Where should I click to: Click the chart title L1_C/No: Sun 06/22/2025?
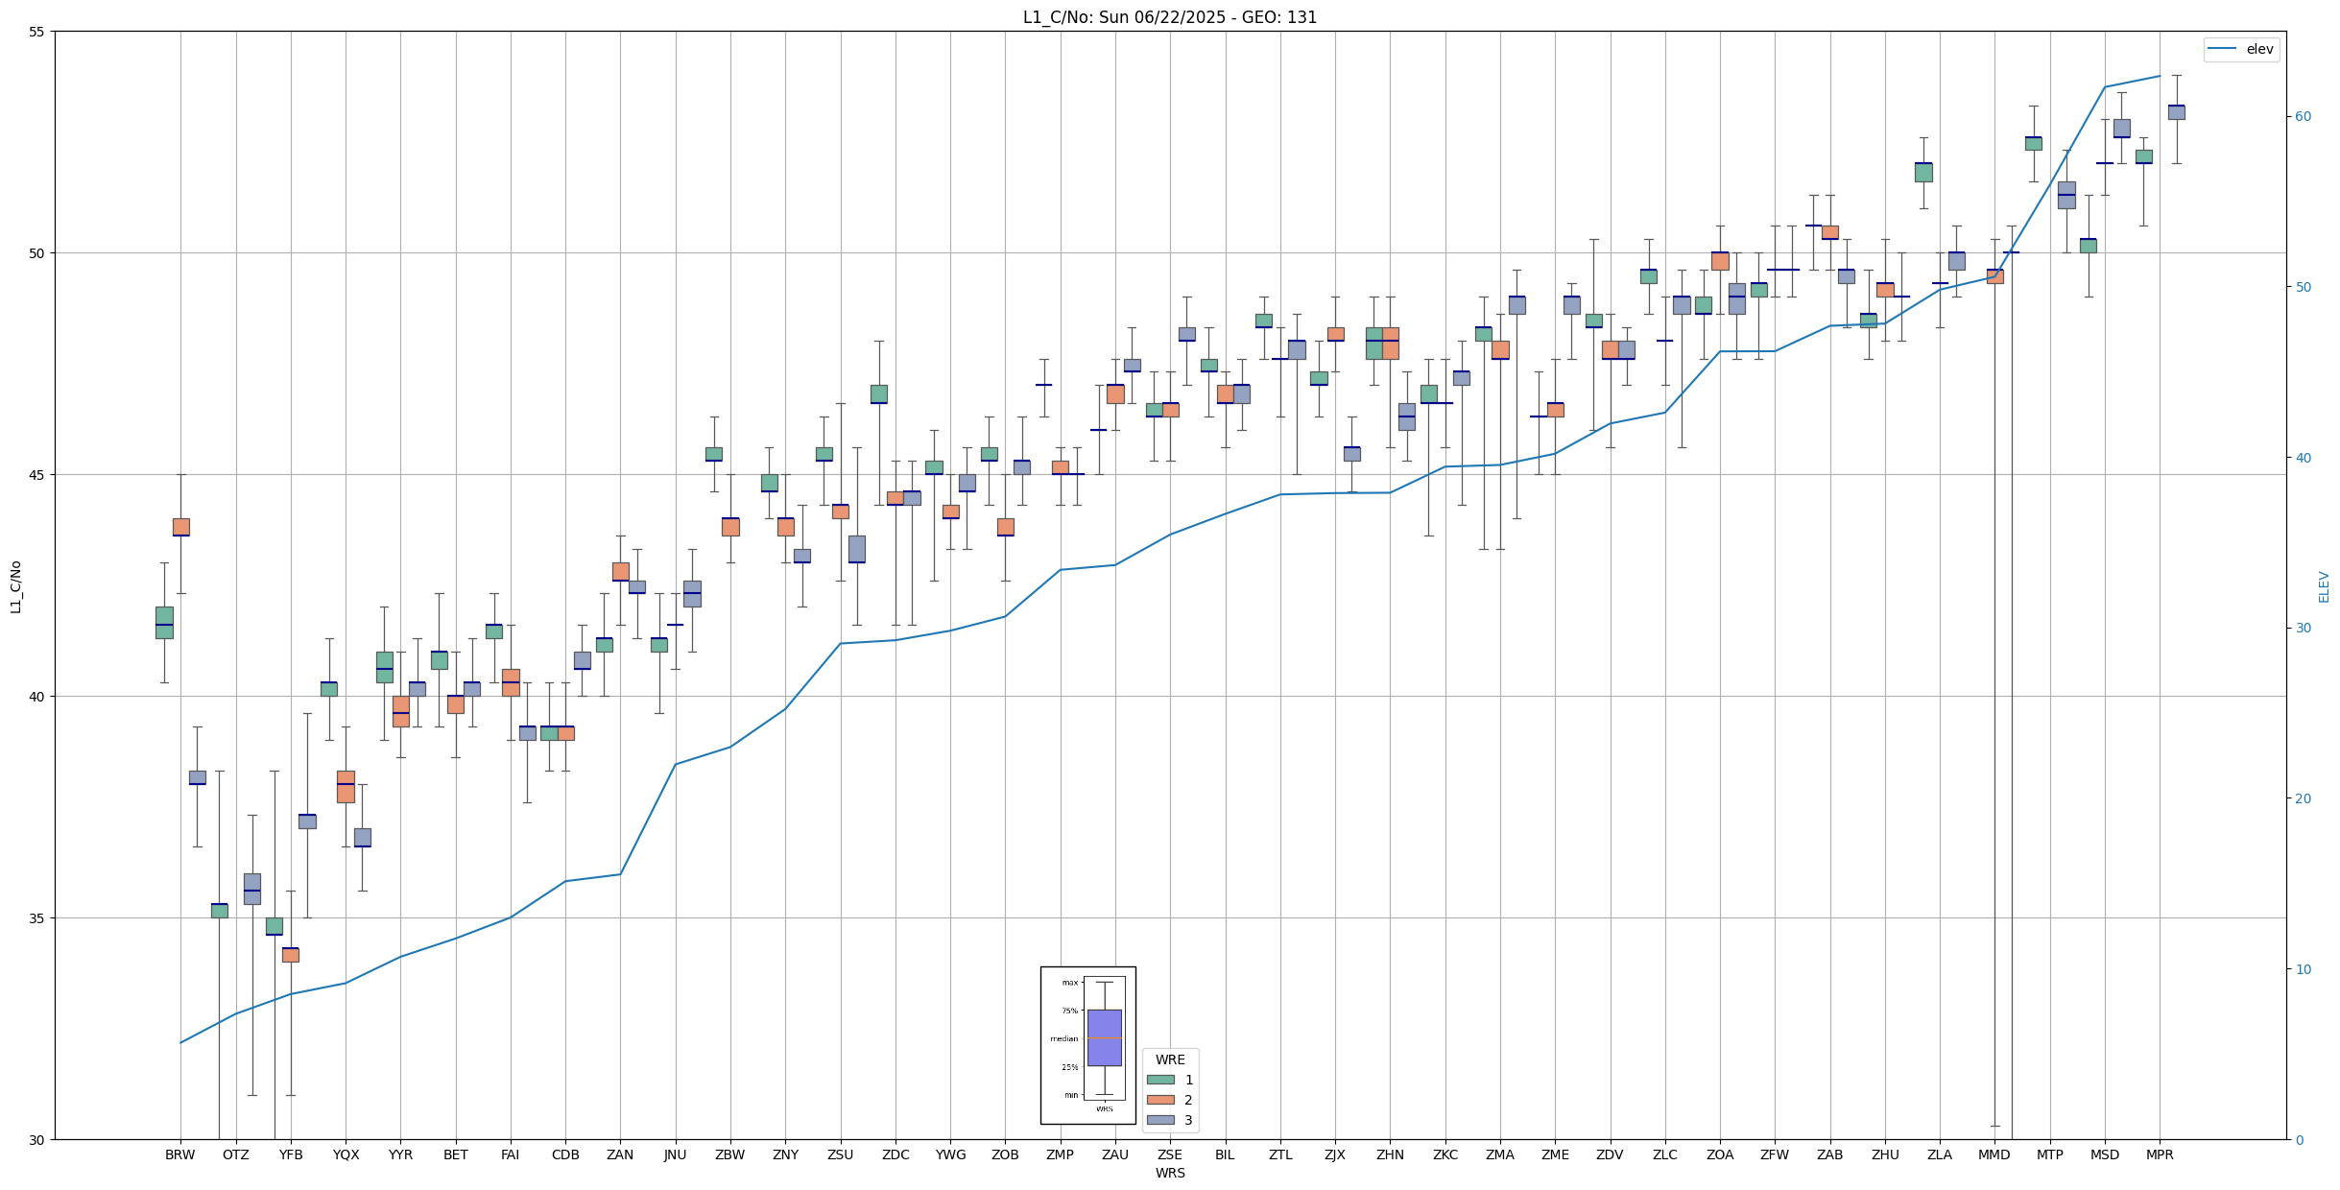(1169, 17)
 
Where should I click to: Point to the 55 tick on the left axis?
(37, 32)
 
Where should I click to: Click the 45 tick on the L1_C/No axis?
(37, 475)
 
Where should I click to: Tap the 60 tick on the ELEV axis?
(2303, 117)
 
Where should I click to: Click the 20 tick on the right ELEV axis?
(2303, 798)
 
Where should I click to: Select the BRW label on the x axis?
(180, 1154)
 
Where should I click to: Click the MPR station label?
(2160, 1154)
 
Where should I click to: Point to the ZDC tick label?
(895, 1154)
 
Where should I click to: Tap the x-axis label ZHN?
(1390, 1154)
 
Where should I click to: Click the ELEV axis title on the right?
(2324, 586)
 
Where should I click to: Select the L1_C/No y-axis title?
(15, 586)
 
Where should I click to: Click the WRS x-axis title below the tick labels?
(1170, 1173)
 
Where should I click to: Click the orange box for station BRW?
(180, 527)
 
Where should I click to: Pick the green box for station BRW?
(164, 622)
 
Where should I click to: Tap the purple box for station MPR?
(2176, 112)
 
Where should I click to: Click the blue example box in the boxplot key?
(1104, 1037)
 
